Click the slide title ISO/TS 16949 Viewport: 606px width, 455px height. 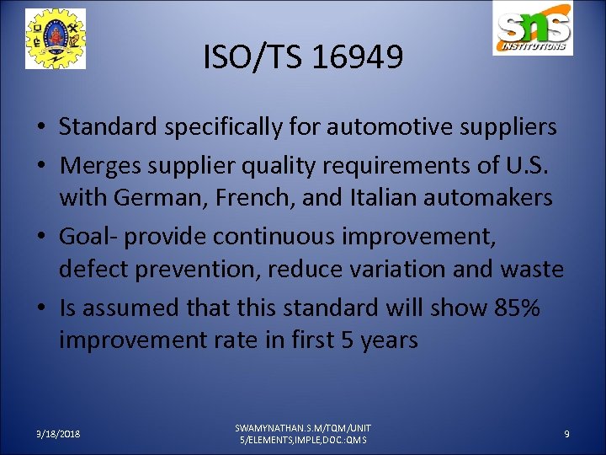point(303,57)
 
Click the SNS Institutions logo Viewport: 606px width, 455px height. point(533,30)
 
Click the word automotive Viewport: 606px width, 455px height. point(401,127)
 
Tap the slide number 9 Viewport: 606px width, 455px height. point(566,433)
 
